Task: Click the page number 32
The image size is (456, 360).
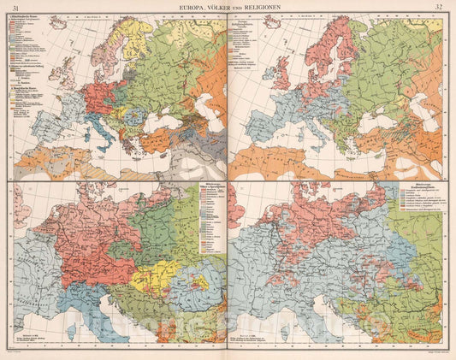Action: click(x=438, y=8)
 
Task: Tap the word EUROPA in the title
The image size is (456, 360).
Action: click(x=192, y=8)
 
